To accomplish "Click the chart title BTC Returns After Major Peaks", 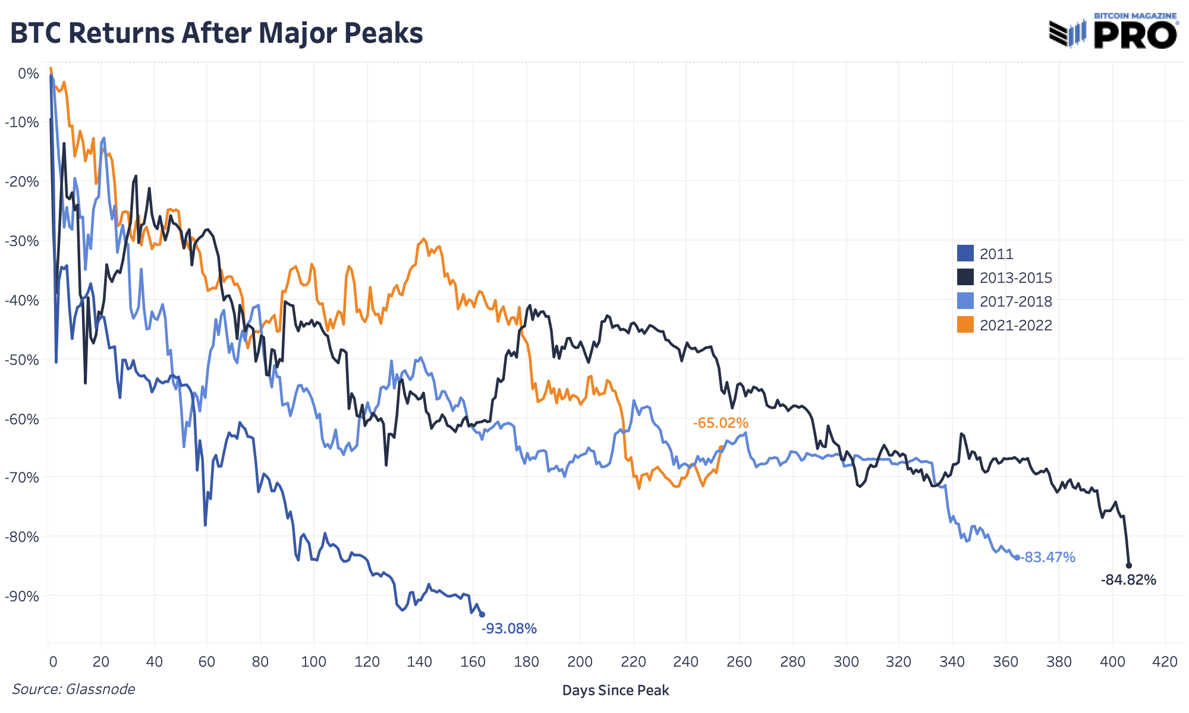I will click(216, 33).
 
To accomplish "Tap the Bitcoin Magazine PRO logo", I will click(1113, 31).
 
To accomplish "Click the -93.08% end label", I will click(509, 629).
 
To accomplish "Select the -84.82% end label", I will click(1128, 580).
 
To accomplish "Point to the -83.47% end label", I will click(1048, 557).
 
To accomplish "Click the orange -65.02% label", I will click(721, 423).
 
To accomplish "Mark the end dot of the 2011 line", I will click(482, 614).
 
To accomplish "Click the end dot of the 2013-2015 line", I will click(1129, 566).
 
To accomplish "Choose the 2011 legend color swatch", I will click(965, 254).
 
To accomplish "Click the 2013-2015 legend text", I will click(1015, 277).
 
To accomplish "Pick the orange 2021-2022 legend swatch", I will click(965, 325).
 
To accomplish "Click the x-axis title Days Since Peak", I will click(615, 690).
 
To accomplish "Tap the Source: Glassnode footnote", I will click(74, 689).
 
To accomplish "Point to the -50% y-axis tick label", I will click(21, 359).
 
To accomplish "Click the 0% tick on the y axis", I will click(28, 74).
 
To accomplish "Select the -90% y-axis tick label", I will click(21, 596).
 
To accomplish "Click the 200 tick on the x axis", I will click(580, 662).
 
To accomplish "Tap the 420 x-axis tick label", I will click(1165, 662).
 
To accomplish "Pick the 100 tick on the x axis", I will click(313, 662).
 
